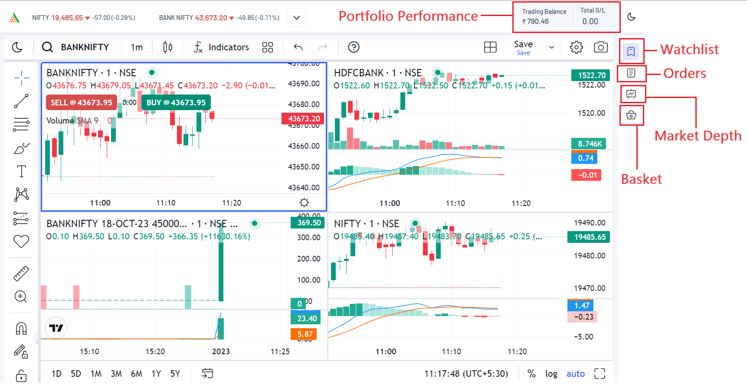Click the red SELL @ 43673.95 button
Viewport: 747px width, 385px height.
(x=81, y=103)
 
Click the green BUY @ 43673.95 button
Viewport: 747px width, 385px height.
(x=176, y=103)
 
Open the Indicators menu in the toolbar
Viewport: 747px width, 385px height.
(x=221, y=47)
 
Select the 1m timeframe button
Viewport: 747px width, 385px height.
(x=137, y=47)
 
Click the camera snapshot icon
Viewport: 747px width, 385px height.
(x=600, y=47)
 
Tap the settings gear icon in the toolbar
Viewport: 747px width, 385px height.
(x=576, y=47)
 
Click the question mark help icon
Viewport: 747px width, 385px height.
(x=354, y=47)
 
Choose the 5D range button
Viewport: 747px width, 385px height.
(x=76, y=374)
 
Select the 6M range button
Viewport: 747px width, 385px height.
(x=137, y=374)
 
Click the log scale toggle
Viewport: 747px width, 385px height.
(x=551, y=374)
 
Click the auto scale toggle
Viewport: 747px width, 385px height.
(x=576, y=374)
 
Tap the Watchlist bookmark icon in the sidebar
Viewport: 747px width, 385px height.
(x=631, y=52)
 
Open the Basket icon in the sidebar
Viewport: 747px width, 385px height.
(x=631, y=115)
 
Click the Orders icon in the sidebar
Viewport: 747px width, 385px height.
(x=631, y=73)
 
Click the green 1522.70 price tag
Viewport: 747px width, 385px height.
(x=591, y=75)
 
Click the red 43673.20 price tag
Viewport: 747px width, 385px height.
(x=304, y=118)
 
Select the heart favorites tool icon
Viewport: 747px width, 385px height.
(x=21, y=241)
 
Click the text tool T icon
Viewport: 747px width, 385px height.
(x=21, y=171)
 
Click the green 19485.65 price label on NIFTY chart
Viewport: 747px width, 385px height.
(x=590, y=237)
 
